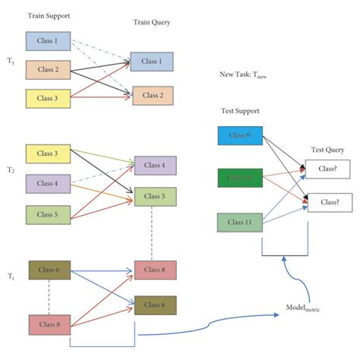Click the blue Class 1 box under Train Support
[x=47, y=41]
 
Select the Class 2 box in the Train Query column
[x=153, y=96]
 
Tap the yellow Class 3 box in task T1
[x=47, y=98]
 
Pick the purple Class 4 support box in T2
[x=47, y=183]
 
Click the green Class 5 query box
[x=155, y=197]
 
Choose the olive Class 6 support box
[x=50, y=270]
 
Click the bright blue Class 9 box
[x=240, y=137]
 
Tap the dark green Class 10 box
[x=240, y=179]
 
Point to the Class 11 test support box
[x=240, y=223]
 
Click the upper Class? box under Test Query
[x=328, y=169]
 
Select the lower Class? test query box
[x=328, y=203]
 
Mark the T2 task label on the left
[x=9, y=172]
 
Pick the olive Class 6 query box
[x=155, y=305]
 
